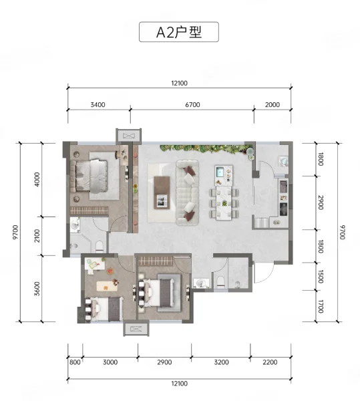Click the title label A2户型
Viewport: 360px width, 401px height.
[x=179, y=32]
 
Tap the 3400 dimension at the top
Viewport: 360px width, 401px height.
[x=98, y=105]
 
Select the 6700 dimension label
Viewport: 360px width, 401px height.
[x=192, y=105]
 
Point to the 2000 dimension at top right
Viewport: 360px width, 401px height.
[x=273, y=105]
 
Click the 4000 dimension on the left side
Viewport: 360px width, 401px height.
[x=37, y=180]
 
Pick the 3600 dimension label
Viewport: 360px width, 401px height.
[x=37, y=289]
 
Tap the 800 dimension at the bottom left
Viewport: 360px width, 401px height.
[x=75, y=362]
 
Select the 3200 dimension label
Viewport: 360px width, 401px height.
[x=221, y=362]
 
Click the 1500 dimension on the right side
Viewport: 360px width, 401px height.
[x=321, y=277]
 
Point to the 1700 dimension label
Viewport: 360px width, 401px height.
[x=321, y=306]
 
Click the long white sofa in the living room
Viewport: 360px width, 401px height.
[x=187, y=192]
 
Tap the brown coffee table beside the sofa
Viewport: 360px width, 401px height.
[x=162, y=192]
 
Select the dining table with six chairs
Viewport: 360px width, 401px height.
[x=224, y=203]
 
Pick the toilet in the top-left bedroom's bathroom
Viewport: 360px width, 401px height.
[x=100, y=246]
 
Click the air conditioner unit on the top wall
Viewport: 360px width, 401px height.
[x=128, y=135]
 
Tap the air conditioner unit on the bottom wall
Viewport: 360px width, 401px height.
[x=136, y=329]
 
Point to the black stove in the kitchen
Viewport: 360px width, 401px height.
[x=283, y=209]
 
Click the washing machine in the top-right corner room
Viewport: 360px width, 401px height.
[x=283, y=161]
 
